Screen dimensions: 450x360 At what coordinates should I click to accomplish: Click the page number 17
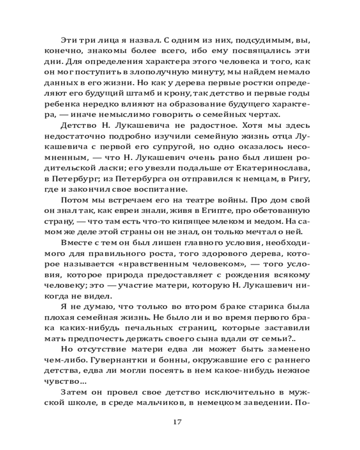(176, 422)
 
